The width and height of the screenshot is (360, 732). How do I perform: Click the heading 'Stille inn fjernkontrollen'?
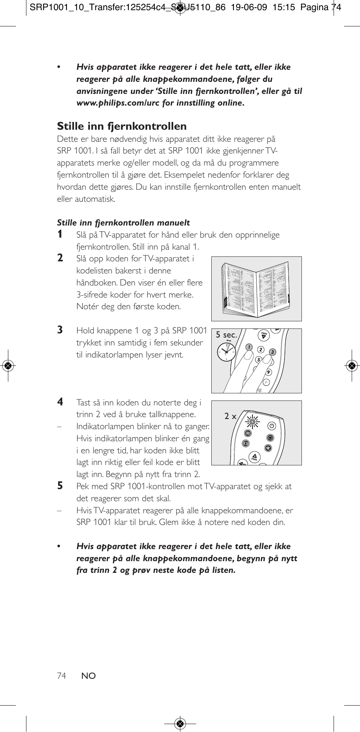point(122,126)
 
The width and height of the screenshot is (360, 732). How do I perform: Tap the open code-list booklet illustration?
point(256,289)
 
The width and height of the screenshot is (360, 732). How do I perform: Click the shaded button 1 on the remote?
point(249,347)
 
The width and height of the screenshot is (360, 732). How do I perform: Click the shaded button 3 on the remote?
point(272,352)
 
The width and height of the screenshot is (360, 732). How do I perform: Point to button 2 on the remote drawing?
point(261,350)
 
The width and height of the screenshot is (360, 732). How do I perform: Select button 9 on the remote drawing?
point(268,372)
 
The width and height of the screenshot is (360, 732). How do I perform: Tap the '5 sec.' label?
point(226,335)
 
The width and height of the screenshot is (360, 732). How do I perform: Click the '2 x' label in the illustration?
point(230,416)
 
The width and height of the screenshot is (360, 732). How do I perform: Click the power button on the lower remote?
point(272,426)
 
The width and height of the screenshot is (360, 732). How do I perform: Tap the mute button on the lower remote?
point(268,448)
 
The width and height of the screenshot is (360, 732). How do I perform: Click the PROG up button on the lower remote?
point(254,457)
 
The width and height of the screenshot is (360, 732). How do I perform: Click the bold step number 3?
point(60,330)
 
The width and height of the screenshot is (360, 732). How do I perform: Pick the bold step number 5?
point(60,486)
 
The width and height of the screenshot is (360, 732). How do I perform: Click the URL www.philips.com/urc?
point(118,103)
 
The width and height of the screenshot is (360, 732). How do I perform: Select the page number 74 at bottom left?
point(62,676)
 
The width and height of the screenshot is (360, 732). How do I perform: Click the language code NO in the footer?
point(89,676)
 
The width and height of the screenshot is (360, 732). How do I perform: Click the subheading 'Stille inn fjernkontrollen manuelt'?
point(123,223)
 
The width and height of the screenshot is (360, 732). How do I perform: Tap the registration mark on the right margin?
point(352,365)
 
